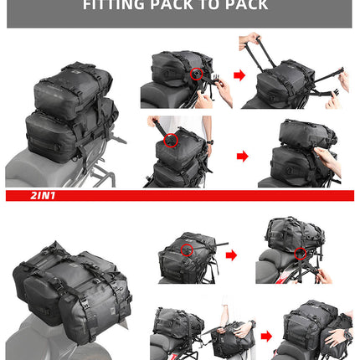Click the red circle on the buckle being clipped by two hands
click(x=198, y=74)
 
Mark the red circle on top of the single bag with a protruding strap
click(x=187, y=249)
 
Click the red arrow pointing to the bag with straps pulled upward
click(x=239, y=75)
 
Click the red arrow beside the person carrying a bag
click(x=265, y=337)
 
